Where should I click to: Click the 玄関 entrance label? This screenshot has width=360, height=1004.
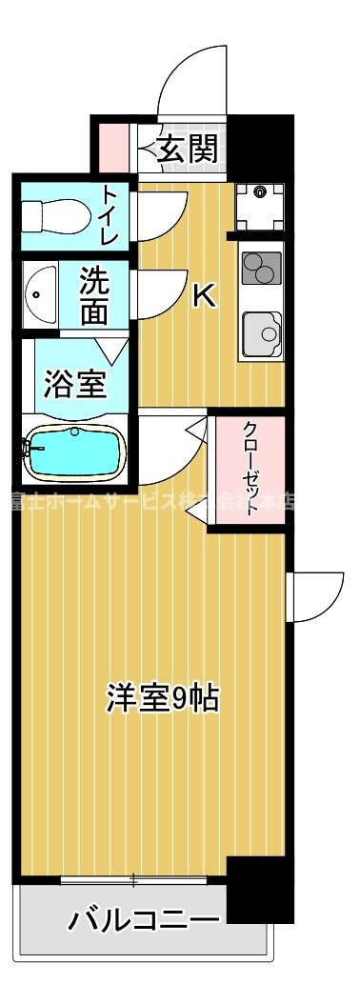click(x=188, y=148)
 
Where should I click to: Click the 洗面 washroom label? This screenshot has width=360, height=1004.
click(x=93, y=296)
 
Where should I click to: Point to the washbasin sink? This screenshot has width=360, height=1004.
click(x=39, y=294)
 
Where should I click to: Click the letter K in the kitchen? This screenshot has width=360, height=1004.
click(x=204, y=297)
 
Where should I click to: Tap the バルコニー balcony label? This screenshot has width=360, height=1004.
click(x=143, y=920)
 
